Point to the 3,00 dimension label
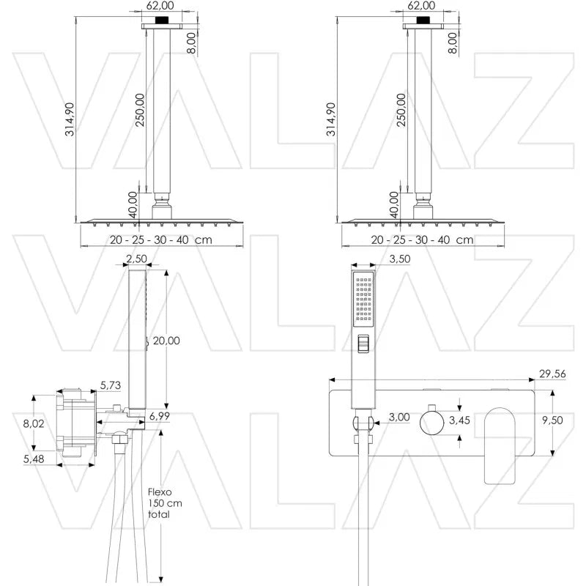[398, 417]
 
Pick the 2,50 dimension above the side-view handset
[137, 258]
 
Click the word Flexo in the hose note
[159, 492]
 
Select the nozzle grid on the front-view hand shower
[364, 301]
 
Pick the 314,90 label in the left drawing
[69, 121]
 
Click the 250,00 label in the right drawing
[401, 110]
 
